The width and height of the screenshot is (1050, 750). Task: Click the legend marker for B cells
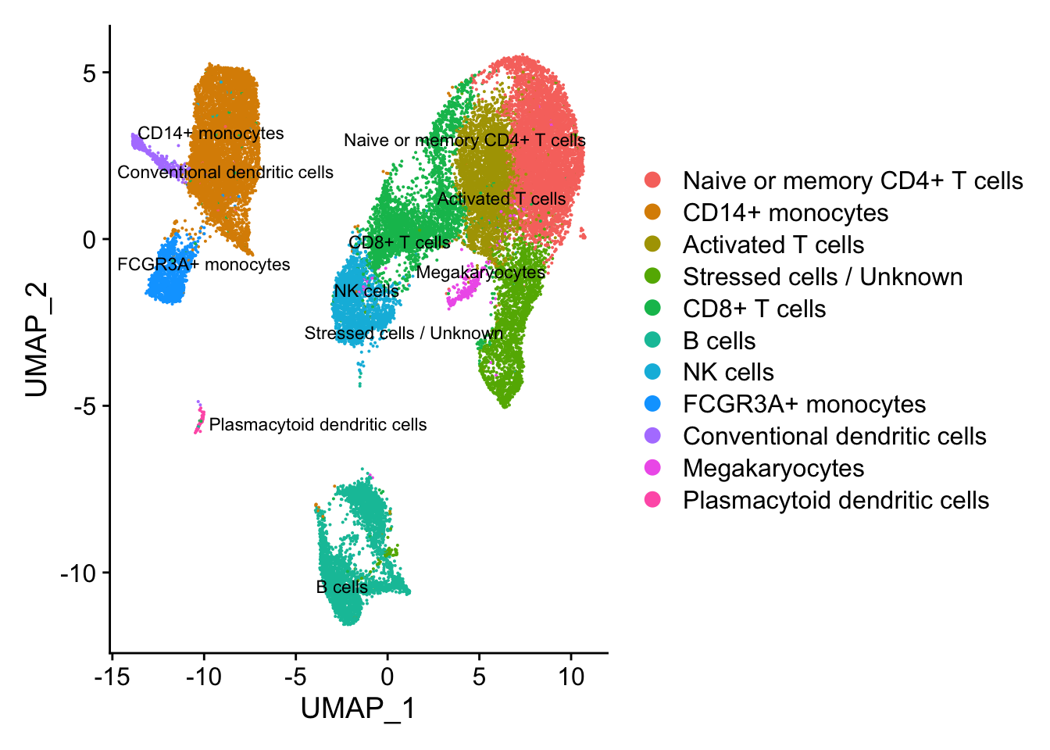pos(652,341)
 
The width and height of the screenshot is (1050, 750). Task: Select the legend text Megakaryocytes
pos(773,468)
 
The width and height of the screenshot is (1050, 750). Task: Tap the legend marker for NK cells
pos(652,373)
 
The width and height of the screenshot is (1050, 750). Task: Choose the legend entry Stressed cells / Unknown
pos(822,277)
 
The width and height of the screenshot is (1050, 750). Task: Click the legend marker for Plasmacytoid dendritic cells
pos(652,500)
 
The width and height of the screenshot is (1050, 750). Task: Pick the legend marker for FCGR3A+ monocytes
pos(652,404)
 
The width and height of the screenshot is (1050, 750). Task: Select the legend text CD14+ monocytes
pos(785,212)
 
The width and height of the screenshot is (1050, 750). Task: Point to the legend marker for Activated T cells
pos(652,245)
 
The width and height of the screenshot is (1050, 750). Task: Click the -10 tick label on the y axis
pos(78,573)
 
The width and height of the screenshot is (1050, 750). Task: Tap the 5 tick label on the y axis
pos(89,73)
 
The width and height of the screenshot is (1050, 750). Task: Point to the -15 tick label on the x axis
pos(112,677)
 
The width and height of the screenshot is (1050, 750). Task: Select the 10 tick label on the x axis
pos(571,677)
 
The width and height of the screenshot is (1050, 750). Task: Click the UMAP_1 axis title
pos(358,709)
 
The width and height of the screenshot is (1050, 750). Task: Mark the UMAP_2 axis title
pos(37,340)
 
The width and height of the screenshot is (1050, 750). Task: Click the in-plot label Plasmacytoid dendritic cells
pos(318,425)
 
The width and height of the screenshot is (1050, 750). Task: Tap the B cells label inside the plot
pos(341,587)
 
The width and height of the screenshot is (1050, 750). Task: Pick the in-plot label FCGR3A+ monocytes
pos(203,265)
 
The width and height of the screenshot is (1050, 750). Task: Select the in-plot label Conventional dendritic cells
pos(225,173)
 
